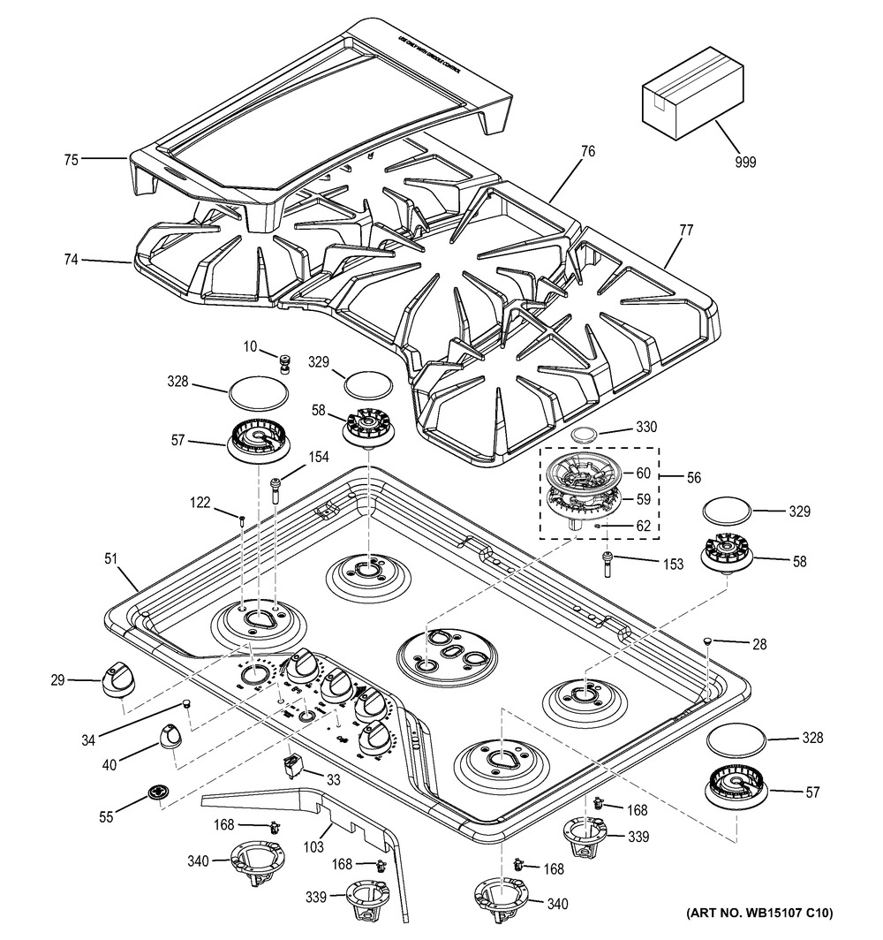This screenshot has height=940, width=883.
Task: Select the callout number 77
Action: coord(686,231)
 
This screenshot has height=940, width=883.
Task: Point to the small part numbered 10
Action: coord(285,363)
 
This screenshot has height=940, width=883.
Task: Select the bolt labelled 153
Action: coord(608,564)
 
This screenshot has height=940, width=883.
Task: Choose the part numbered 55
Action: coord(157,793)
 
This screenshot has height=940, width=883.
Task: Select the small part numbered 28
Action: coord(708,641)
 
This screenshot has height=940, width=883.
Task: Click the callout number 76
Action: coord(586,152)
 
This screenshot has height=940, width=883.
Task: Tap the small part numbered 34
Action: coord(187,702)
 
